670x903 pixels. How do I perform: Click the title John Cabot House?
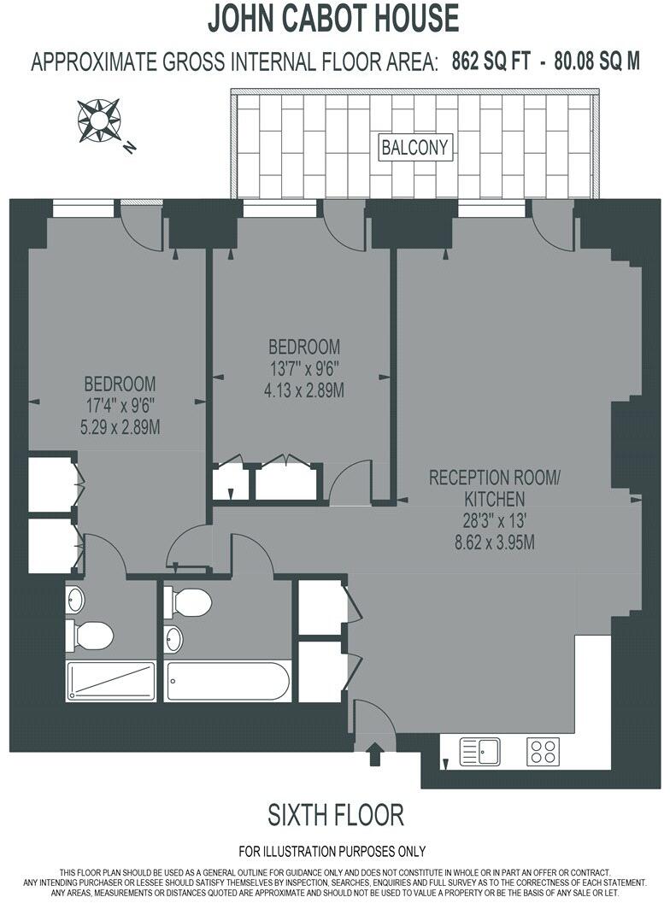click(x=334, y=18)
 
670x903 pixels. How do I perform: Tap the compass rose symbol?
click(x=99, y=120)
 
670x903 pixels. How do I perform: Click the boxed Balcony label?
click(x=415, y=147)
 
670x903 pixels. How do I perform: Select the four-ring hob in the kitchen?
click(x=543, y=752)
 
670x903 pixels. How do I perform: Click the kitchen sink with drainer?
click(x=480, y=752)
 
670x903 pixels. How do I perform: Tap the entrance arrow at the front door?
click(x=373, y=753)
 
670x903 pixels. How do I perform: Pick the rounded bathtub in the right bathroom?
click(x=228, y=681)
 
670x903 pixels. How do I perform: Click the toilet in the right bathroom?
click(x=188, y=602)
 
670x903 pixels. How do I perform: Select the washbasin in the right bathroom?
click(x=173, y=638)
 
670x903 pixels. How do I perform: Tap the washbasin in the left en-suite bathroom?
click(x=75, y=600)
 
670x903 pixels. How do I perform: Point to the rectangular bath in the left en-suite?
click(x=111, y=681)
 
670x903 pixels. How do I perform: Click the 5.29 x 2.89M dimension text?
click(x=120, y=426)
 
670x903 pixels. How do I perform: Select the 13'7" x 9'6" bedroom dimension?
click(x=304, y=369)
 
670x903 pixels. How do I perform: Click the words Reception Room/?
click(x=494, y=477)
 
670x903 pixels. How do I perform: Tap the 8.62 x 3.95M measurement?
click(x=494, y=542)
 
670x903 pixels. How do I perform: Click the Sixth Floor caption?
click(x=336, y=815)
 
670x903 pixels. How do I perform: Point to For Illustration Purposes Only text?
click(x=332, y=852)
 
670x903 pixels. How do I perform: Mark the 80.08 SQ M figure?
click(x=597, y=62)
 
